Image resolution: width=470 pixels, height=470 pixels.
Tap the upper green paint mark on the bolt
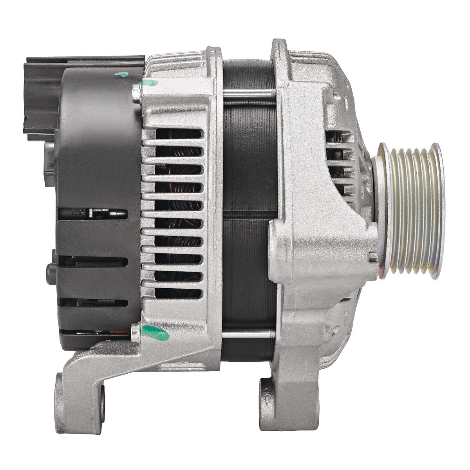[150, 83]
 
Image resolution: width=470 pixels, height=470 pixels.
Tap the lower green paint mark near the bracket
[156, 333]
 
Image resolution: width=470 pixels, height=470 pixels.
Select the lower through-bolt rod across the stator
[247, 334]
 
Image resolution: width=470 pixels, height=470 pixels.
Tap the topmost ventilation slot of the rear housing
[178, 134]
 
